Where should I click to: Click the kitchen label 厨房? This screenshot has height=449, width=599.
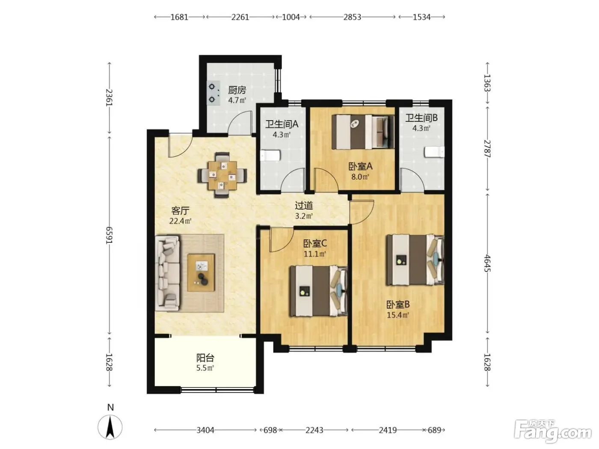point(237,90)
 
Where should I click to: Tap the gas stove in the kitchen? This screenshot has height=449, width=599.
point(213,93)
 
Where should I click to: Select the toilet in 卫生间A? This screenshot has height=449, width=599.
point(270,156)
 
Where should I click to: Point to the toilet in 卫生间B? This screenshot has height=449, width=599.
point(434,152)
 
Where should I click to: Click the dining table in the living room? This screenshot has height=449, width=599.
point(222,175)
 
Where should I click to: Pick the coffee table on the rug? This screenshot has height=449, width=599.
point(201,272)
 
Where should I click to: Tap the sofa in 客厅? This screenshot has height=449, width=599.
point(167,273)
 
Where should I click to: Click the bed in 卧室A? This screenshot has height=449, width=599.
point(363,132)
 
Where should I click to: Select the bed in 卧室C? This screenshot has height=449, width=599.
point(318,291)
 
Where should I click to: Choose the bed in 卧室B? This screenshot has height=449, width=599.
point(415,260)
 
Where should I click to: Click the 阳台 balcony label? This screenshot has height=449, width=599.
point(205,357)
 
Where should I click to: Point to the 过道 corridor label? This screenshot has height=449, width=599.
point(304,205)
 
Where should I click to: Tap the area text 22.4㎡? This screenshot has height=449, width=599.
point(180,221)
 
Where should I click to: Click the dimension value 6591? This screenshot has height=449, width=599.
point(109,235)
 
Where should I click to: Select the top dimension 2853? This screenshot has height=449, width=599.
point(352,17)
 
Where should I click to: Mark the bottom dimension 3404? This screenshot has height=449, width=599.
point(205,430)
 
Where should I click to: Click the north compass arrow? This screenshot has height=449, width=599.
point(110,427)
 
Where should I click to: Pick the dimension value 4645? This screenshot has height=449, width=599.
point(487,263)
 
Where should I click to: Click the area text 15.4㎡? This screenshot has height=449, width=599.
point(398,315)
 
